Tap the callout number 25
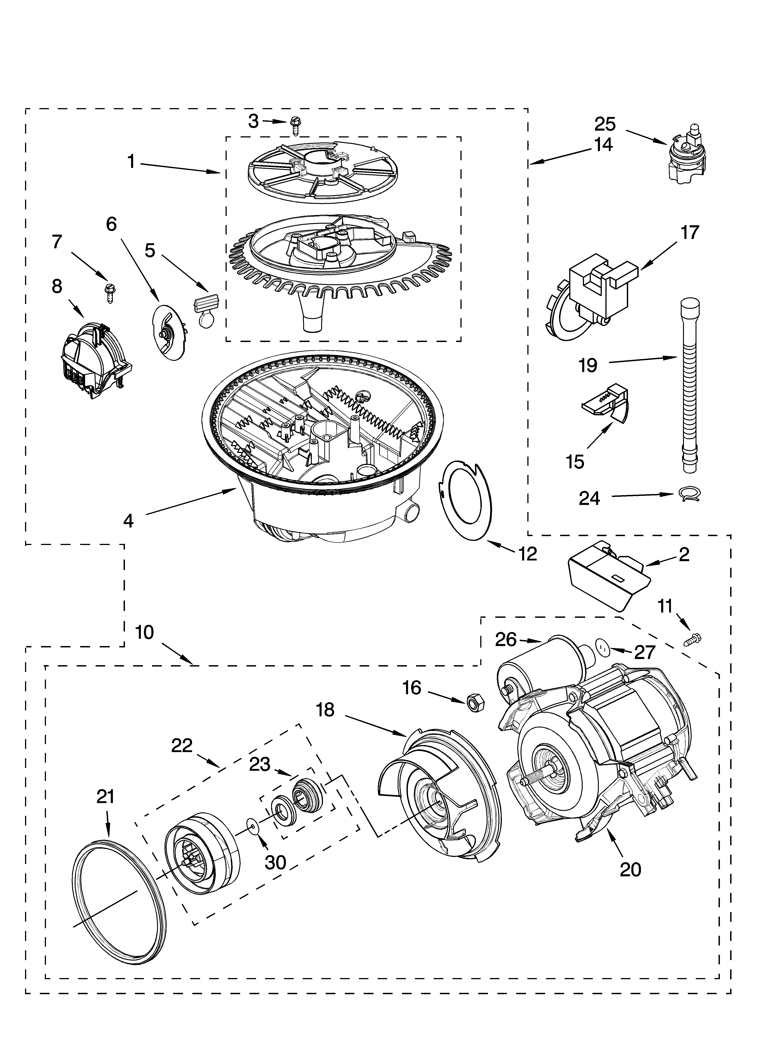(605, 124)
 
